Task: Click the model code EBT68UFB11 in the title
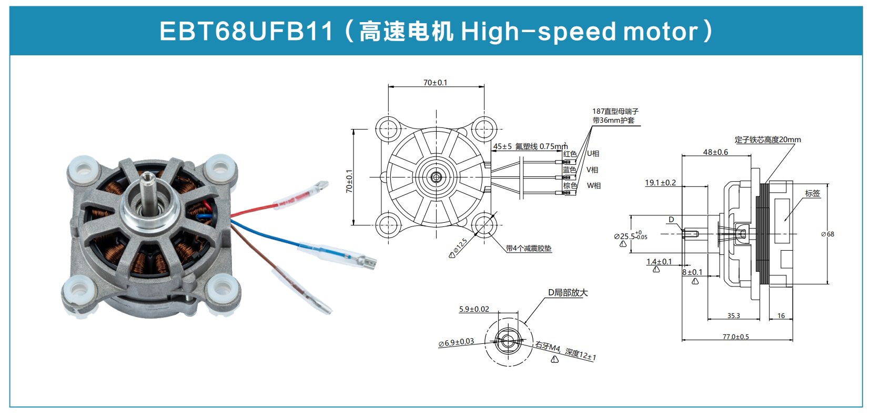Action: pyautogui.click(x=246, y=31)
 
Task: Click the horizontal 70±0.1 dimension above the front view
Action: pyautogui.click(x=435, y=83)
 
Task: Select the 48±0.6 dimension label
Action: pyautogui.click(x=715, y=152)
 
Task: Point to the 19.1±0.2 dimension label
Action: pyautogui.click(x=660, y=183)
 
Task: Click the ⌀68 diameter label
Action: pyautogui.click(x=827, y=234)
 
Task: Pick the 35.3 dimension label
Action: pyautogui.click(x=733, y=316)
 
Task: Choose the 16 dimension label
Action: pyautogui.click(x=781, y=316)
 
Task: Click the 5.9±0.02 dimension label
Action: pyautogui.click(x=474, y=309)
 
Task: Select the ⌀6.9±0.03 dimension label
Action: pyautogui.click(x=456, y=342)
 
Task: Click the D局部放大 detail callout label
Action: pyautogui.click(x=568, y=293)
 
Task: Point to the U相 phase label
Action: pyautogui.click(x=593, y=154)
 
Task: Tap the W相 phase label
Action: pyautogui.click(x=593, y=186)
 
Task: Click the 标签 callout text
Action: pyautogui.click(x=812, y=193)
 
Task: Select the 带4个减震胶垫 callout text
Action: pyautogui.click(x=528, y=249)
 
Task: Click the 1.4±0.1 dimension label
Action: pyautogui.click(x=659, y=262)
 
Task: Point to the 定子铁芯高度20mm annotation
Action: pyautogui.click(x=767, y=140)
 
